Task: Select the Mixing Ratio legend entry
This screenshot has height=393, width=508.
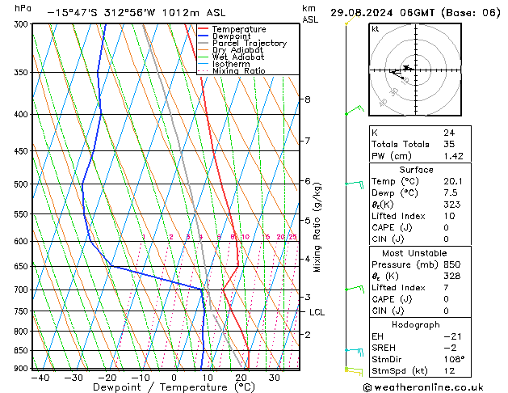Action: [x=239, y=72]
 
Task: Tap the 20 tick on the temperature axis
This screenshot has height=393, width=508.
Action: [x=241, y=378]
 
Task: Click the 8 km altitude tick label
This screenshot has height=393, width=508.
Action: [x=307, y=99]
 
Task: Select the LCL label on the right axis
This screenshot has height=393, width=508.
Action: [x=317, y=312]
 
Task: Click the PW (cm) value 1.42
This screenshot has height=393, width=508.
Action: [x=451, y=156]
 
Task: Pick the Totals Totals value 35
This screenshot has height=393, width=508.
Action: [x=448, y=144]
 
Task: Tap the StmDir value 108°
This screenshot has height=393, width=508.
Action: [x=454, y=359]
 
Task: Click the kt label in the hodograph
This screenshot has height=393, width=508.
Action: [x=376, y=29]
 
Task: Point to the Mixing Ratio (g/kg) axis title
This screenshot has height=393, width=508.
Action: [x=318, y=227]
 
